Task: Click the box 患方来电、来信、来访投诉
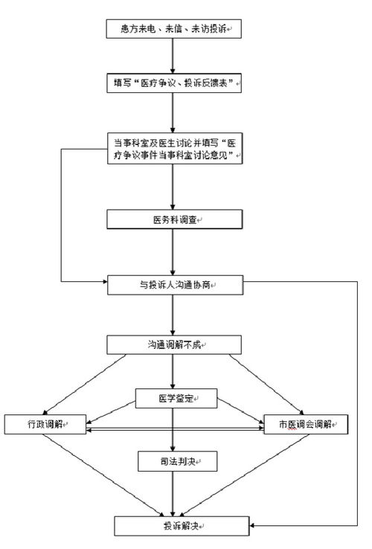[x=173, y=28]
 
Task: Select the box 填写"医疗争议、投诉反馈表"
[x=173, y=83]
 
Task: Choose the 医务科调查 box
[x=173, y=219]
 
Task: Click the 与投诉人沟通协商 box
[x=173, y=283]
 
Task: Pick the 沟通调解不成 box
[x=173, y=344]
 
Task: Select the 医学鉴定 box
[x=173, y=399]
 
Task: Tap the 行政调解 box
[x=45, y=423]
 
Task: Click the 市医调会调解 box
[x=306, y=423]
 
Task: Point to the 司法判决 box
[x=173, y=461]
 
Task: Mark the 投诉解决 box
[x=182, y=526]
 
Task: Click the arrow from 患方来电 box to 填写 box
[x=173, y=55]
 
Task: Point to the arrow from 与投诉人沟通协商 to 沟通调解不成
[x=173, y=314]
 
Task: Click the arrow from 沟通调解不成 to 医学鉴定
[x=173, y=371]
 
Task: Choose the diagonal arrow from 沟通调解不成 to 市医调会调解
[x=268, y=384]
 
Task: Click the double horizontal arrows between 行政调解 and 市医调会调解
[x=174, y=429]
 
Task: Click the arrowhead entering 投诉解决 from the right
[x=255, y=526]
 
